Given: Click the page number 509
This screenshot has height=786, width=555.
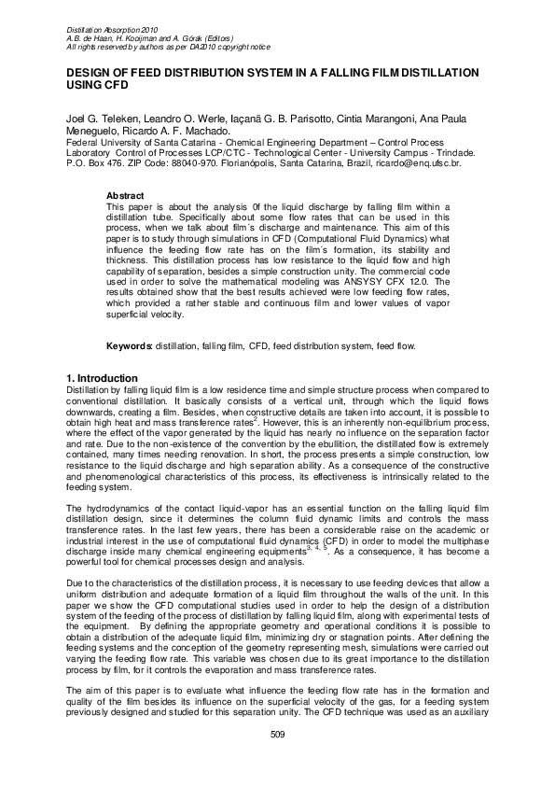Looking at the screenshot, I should (x=277, y=761).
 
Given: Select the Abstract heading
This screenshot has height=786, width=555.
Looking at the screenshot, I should (x=126, y=195).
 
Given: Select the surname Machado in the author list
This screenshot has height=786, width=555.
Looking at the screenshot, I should (x=221, y=133).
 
